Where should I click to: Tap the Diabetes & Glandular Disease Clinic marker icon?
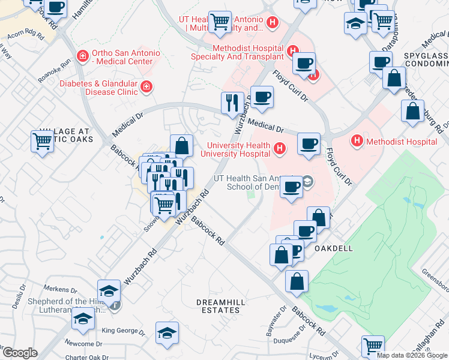pos(145,89)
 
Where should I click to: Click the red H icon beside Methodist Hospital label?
pos(357,142)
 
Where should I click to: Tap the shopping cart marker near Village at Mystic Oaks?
pos(42,142)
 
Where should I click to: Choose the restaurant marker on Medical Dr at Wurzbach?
pos(232,103)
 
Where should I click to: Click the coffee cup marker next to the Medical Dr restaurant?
pos(261,97)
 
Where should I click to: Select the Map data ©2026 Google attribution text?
pos(412,355)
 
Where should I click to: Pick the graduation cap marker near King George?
pos(167,332)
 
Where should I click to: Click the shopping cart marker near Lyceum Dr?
pos(373,346)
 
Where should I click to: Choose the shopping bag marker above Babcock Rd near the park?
pos(297,281)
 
